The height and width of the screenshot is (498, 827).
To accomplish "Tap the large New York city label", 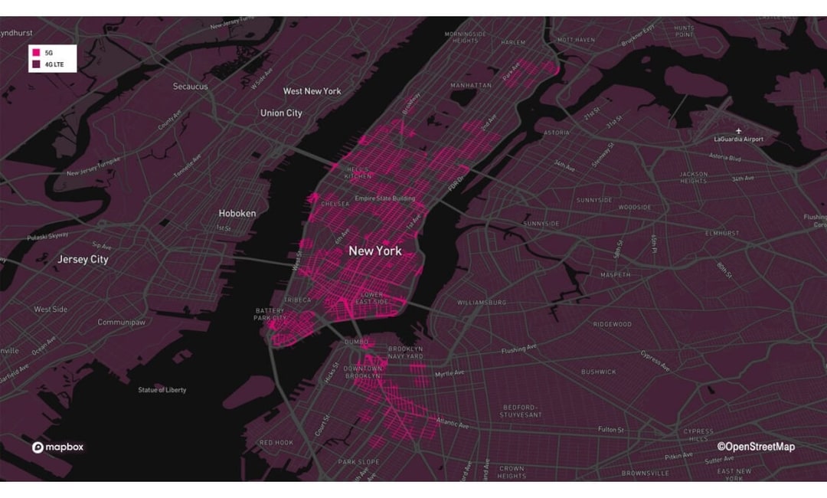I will pos(374,251).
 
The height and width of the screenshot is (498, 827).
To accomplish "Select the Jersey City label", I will pos(83,260).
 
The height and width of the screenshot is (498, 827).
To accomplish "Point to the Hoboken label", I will pos(237,214).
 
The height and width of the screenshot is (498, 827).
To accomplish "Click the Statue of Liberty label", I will pos(162,390).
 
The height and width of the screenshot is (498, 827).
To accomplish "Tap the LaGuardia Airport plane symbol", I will pos(738,130).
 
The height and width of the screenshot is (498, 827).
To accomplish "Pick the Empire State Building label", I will pos(385,199).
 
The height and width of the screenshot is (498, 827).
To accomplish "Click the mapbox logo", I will pos(58,447).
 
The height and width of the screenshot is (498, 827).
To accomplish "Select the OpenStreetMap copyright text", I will pos(756,447).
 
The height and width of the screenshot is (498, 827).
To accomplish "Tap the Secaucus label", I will pos(190,87).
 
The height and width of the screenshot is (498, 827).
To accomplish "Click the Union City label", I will pos(281,113).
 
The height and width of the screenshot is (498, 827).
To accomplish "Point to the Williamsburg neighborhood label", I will pos(482,303).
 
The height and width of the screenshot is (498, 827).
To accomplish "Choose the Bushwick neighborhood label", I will pos(598,372).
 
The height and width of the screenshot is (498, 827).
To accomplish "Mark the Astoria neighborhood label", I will pos(556,133).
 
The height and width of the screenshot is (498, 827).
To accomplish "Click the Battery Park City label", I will pos(270,314).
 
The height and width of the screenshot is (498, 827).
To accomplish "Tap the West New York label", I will pos(312,91).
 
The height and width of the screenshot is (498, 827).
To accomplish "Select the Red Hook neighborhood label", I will pos(276,443).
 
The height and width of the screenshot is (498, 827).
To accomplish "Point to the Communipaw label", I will pos(121,323).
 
